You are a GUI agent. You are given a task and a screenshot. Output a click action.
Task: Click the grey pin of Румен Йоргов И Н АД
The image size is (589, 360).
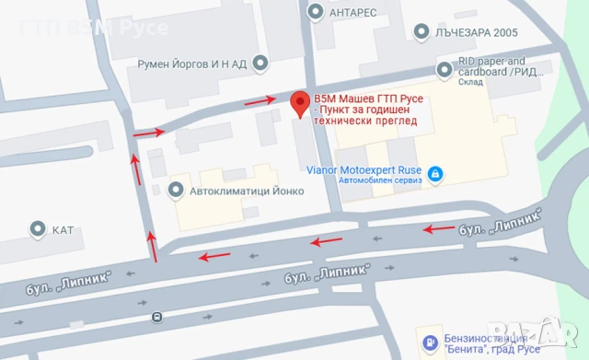[261, 64]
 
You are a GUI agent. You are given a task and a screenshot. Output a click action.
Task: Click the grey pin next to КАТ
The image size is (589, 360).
[38, 228]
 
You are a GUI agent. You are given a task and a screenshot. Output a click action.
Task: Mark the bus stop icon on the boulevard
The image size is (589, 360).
[156, 317]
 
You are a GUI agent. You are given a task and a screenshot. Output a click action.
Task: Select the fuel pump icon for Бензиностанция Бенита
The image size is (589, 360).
[430, 344]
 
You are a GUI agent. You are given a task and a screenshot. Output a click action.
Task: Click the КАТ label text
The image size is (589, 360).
[63, 228]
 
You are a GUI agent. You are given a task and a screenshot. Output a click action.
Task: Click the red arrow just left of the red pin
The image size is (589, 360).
[261, 99]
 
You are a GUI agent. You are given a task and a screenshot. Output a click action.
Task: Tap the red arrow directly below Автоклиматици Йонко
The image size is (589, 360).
[217, 255]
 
